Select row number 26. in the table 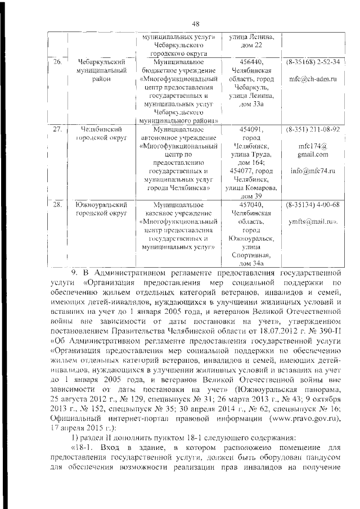[x=57, y=61]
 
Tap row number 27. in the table [x=57, y=129]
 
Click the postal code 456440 [x=251, y=61]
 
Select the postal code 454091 [x=251, y=129]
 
